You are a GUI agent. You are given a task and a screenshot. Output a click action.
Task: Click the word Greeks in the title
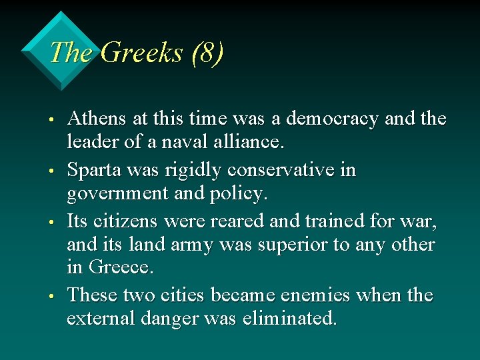click(x=141, y=53)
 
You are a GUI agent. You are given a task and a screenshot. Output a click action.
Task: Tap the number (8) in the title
click(x=206, y=53)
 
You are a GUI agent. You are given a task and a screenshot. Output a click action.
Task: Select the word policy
click(x=241, y=193)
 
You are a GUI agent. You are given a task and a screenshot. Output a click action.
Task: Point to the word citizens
click(x=126, y=220)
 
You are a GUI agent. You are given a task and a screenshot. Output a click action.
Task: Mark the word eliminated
click(x=294, y=318)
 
